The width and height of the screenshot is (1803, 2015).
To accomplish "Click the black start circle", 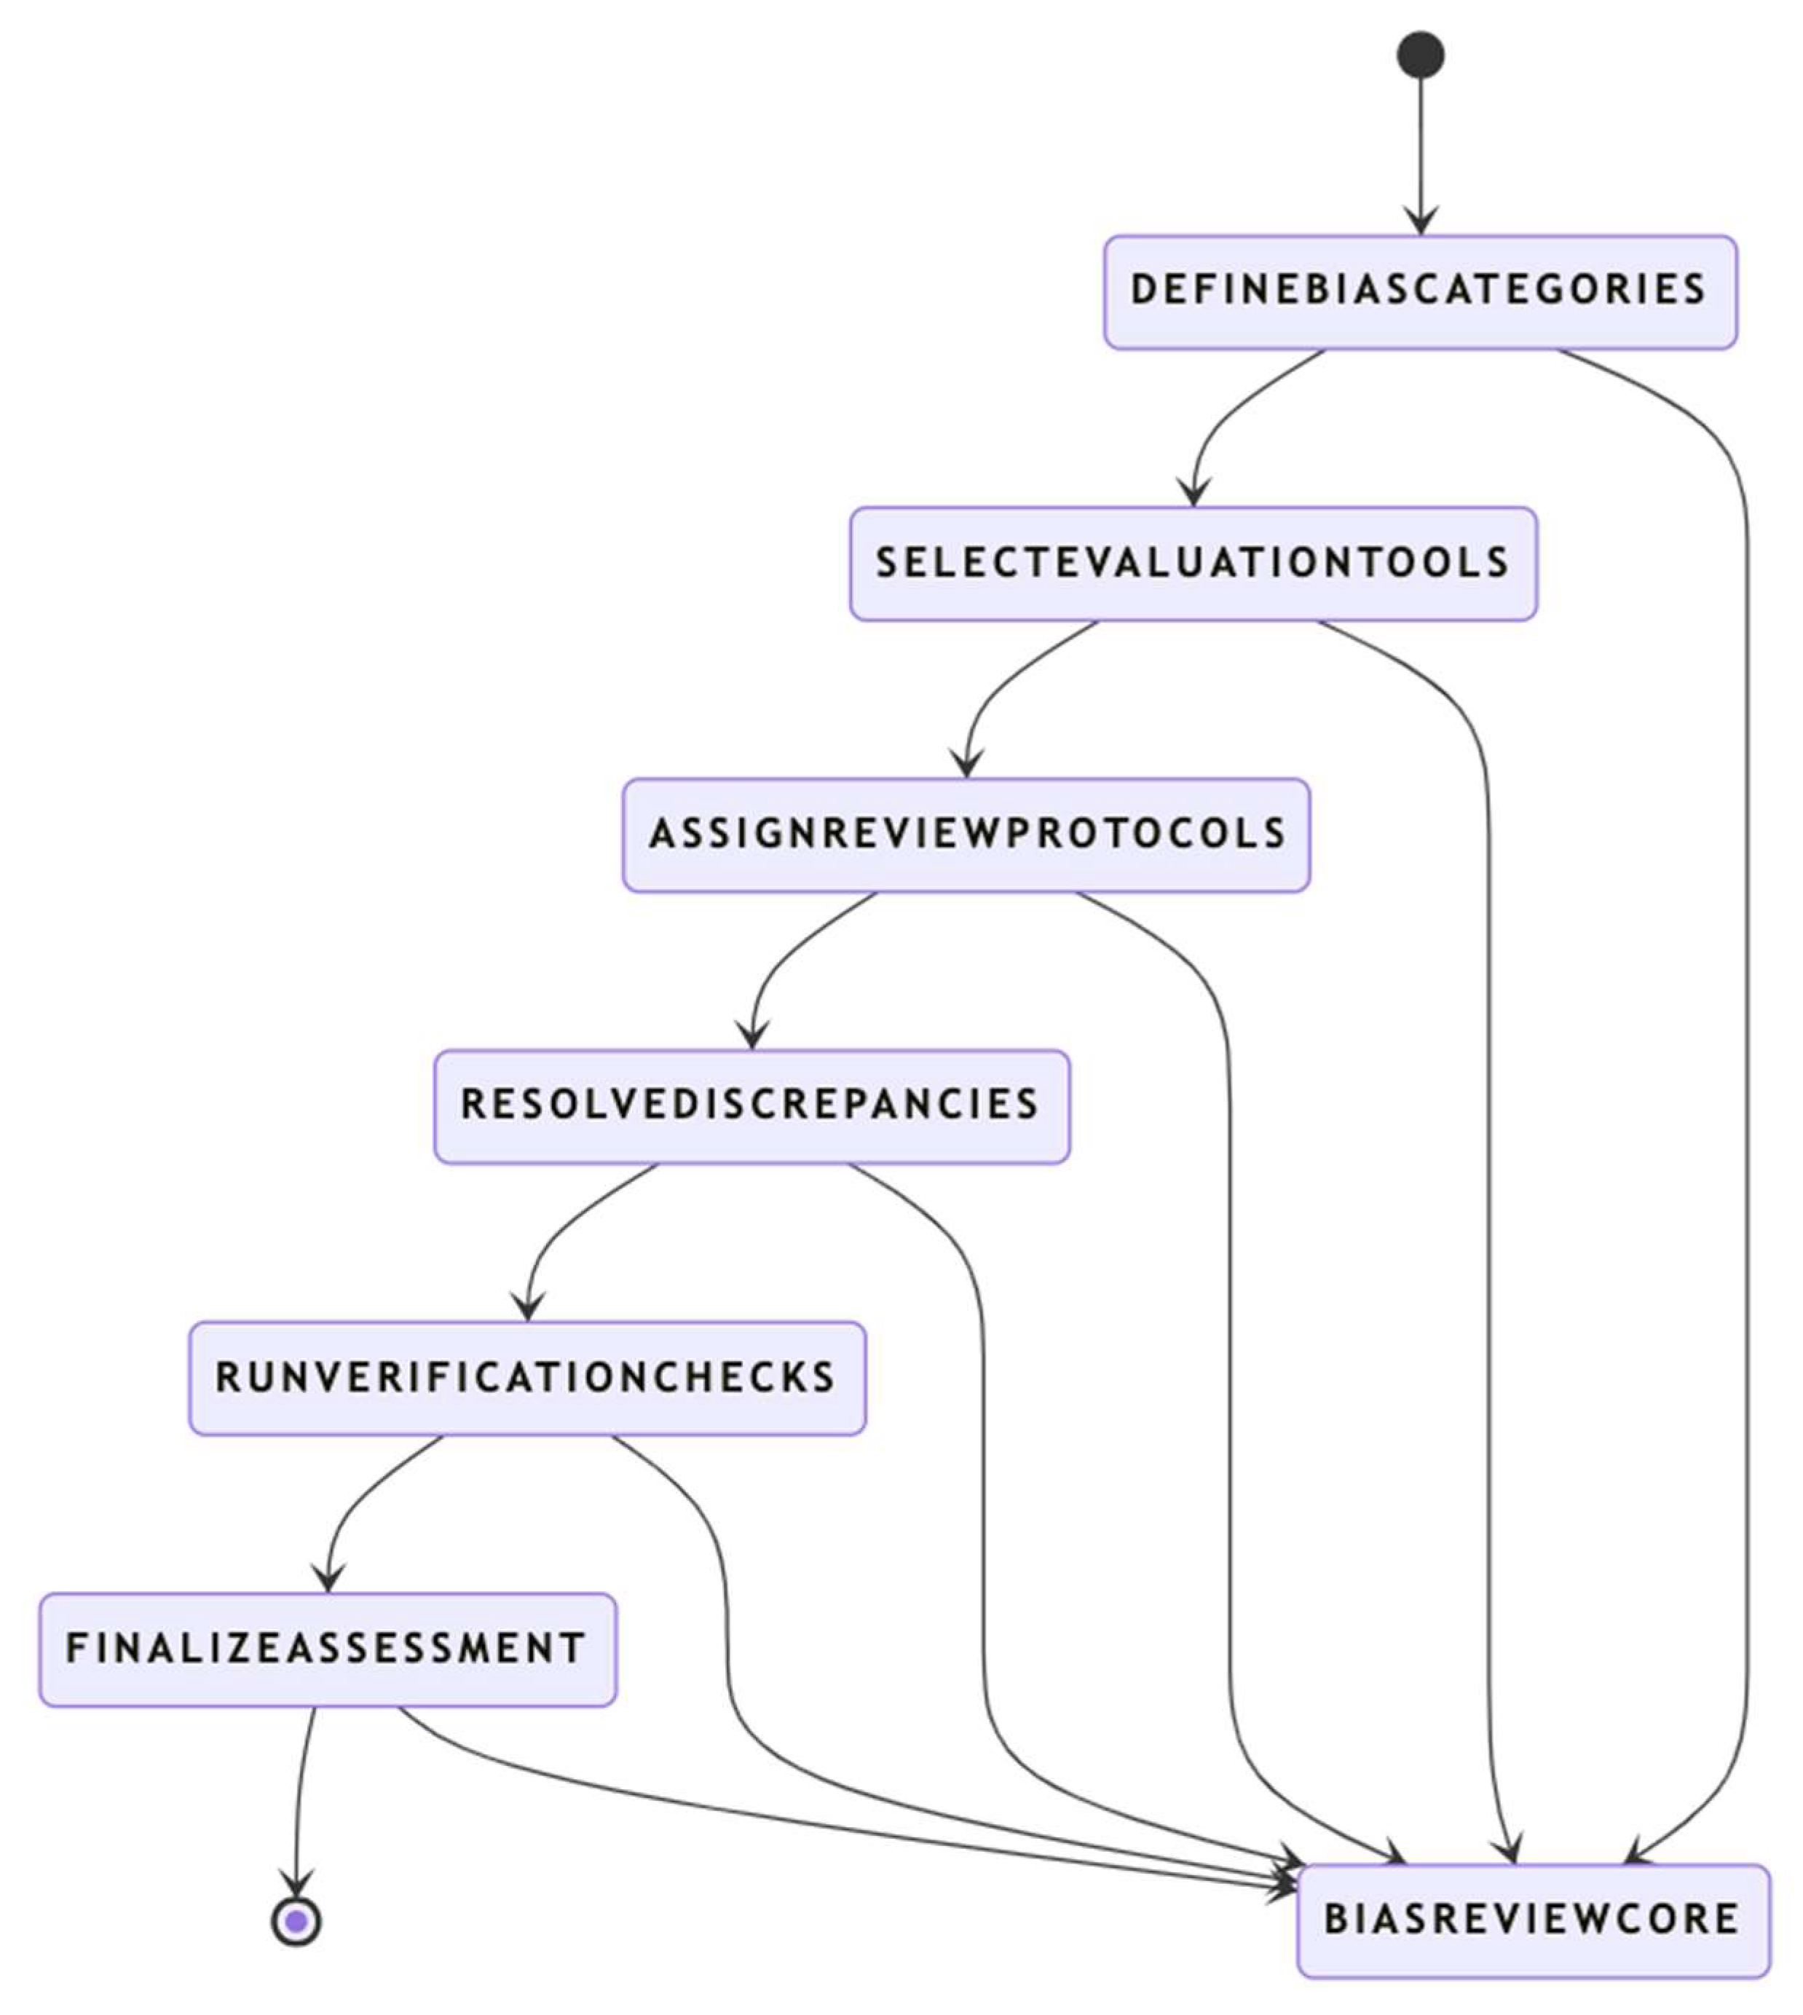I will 1420,55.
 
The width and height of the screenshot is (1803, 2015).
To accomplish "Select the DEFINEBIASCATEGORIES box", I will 1420,292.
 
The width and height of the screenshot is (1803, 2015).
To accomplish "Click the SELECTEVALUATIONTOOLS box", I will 1193,564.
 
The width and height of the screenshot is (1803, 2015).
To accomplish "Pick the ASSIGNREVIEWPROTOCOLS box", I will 966,835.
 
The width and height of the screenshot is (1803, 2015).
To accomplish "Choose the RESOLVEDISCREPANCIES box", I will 752,1107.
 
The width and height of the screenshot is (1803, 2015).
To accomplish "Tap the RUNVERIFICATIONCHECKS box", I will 527,1378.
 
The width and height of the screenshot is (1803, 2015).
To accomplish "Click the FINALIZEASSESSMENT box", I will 328,1649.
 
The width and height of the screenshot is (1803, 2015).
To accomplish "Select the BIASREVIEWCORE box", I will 1533,1921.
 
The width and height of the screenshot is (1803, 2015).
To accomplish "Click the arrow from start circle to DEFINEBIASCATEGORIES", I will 1421,149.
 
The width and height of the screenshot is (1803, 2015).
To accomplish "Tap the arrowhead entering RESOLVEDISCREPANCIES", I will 753,1036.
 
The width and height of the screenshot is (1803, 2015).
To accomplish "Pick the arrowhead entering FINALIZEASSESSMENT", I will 328,1579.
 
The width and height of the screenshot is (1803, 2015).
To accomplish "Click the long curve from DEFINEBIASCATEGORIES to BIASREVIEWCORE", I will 1746,1089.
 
